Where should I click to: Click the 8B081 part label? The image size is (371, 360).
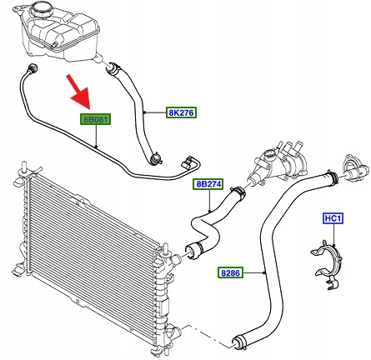pos(96,119)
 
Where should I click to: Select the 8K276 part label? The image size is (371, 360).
pos(182,112)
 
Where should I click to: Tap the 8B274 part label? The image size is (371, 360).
pos(208,184)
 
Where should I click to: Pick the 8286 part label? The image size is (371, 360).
pos(230,272)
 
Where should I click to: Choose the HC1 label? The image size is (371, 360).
pos(333,218)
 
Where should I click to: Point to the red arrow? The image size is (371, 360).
pos(78,92)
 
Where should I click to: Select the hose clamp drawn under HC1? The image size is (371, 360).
pos(327,262)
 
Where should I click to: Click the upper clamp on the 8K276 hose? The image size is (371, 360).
pos(113,69)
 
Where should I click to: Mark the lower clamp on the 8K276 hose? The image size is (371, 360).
pos(156,159)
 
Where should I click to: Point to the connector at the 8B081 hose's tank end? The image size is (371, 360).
pos(33,67)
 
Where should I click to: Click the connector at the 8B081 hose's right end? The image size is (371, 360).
pos(188,162)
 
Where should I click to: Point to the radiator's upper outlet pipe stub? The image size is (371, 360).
pos(175,259)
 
